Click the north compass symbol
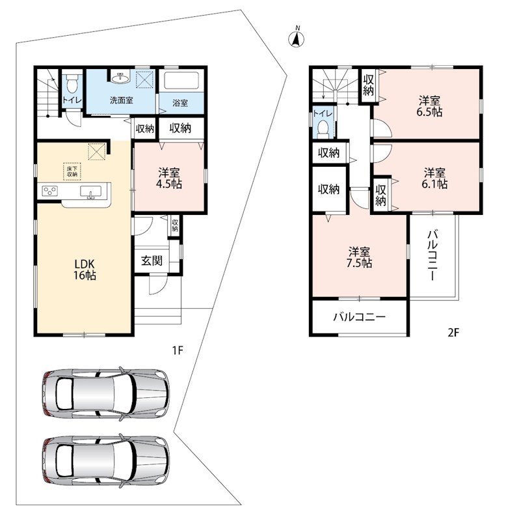(x=297, y=38)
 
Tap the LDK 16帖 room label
(x=85, y=270)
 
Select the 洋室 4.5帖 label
(x=169, y=178)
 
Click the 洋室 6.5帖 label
(x=429, y=106)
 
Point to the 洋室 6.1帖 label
(x=434, y=178)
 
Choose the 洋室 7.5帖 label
(x=359, y=257)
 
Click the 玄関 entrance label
(x=152, y=261)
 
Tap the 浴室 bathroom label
(x=180, y=103)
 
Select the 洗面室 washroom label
(x=122, y=100)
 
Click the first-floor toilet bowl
(x=72, y=84)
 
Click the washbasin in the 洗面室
(x=121, y=77)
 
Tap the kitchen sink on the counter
(x=90, y=192)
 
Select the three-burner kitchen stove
(x=50, y=191)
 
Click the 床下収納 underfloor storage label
(x=72, y=171)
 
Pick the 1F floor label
(x=178, y=350)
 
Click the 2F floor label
(x=453, y=332)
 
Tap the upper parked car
(x=106, y=393)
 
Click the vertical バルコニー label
(x=432, y=255)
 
